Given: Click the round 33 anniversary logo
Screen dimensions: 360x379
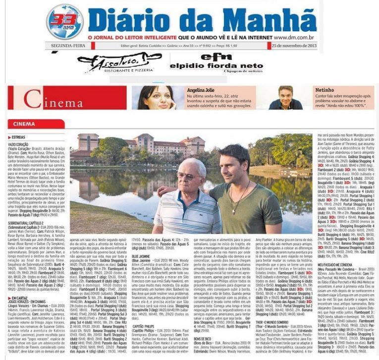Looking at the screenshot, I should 64,21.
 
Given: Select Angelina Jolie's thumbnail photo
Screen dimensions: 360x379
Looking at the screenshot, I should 157,98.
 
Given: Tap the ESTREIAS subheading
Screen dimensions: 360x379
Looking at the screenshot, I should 19,136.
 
